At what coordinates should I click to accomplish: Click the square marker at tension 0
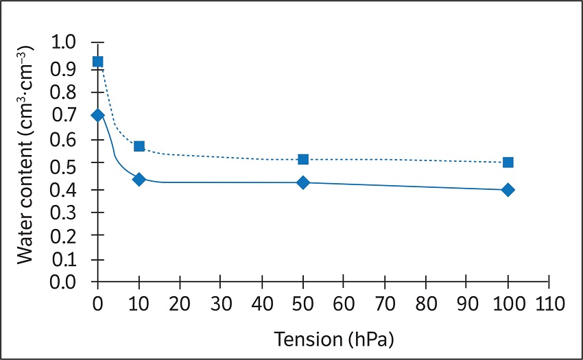point(98,62)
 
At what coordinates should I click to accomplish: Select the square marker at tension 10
point(139,146)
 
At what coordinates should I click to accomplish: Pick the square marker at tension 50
point(303,159)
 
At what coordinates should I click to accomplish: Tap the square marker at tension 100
point(508,163)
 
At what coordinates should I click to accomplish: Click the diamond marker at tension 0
point(98,115)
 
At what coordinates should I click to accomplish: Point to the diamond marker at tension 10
point(139,179)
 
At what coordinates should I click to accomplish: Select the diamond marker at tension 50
point(303,182)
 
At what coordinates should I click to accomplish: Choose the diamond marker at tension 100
point(508,190)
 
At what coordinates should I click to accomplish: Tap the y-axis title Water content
point(26,162)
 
